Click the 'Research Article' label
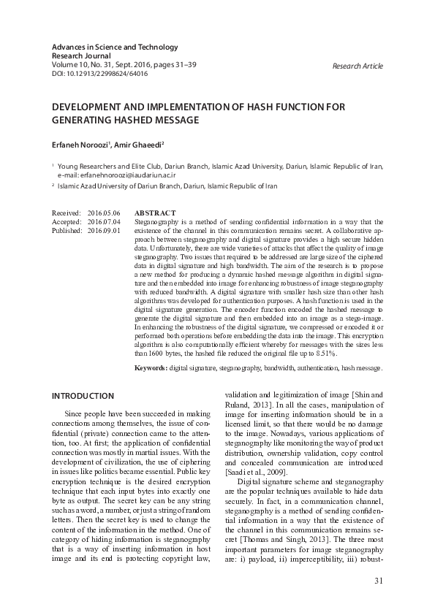(358, 66)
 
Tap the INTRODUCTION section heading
(83, 396)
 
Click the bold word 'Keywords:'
(151, 369)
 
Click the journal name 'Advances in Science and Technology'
(114, 47)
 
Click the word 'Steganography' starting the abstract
(157, 221)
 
